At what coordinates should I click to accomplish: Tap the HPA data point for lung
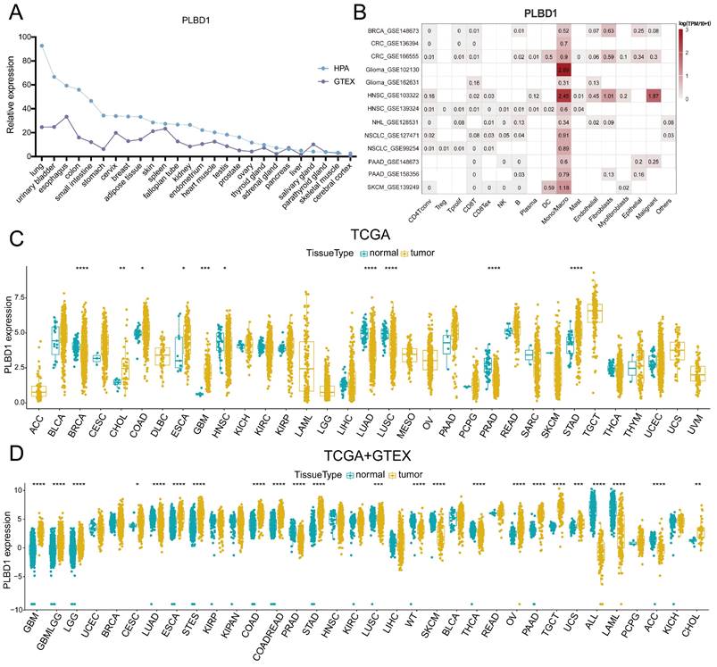(41, 46)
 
